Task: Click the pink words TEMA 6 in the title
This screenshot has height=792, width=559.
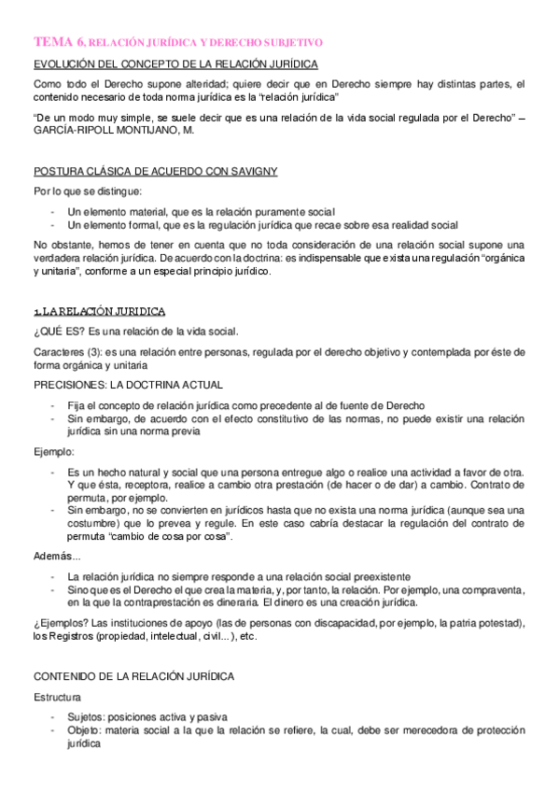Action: pos(59,42)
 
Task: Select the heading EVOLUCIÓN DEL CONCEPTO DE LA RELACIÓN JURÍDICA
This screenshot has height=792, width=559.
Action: pos(175,64)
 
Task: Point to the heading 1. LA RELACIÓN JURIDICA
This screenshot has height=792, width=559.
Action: pos(100,310)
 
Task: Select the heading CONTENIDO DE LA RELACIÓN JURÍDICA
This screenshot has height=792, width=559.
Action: pos(133,675)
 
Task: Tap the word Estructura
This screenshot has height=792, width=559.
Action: pos(57,697)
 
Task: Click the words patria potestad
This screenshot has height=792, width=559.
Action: pos(482,622)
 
